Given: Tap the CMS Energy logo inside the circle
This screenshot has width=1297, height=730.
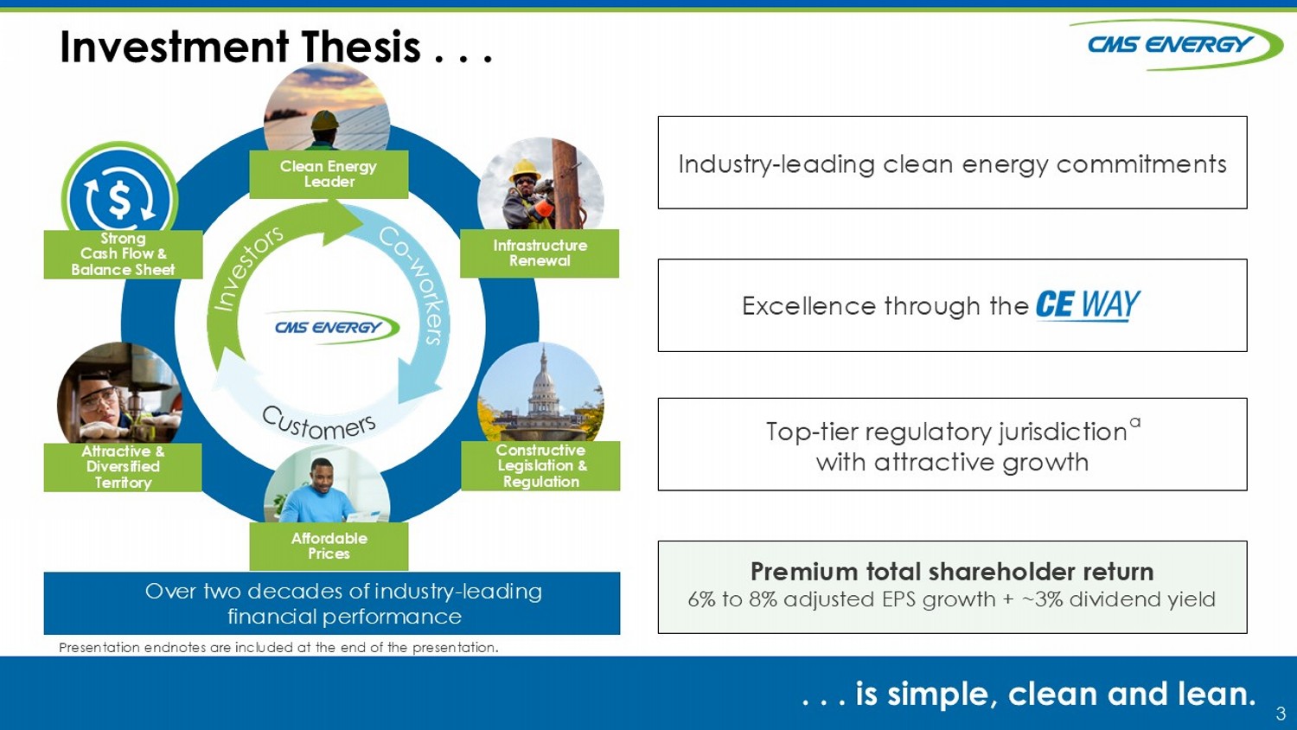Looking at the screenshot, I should point(330,327).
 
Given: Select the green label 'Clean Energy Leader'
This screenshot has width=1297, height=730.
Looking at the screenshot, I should point(329,174).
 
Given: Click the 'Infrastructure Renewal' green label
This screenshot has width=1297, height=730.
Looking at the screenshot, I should point(540,253).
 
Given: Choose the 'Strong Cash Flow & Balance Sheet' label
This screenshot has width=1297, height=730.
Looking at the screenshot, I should point(123,254).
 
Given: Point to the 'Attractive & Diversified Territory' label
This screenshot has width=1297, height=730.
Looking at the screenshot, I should point(123,467).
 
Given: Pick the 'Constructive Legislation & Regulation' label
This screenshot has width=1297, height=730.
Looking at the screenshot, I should point(540,466).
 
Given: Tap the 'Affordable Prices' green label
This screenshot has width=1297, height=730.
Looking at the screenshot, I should point(329,546).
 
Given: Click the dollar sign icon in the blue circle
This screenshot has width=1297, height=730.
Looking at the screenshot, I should point(120,198).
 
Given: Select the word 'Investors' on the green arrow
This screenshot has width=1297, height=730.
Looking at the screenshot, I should point(248,268).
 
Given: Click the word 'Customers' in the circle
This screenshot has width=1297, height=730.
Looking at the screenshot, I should point(319,424).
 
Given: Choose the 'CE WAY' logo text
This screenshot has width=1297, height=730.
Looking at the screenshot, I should point(1088,304).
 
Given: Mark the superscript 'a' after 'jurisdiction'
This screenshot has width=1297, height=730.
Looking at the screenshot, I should point(1134,422).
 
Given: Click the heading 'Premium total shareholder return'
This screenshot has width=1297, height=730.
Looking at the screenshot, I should point(952,572).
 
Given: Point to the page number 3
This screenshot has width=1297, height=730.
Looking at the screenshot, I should point(1281,714).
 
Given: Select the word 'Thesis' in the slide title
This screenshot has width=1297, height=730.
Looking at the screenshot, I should point(361,48).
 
